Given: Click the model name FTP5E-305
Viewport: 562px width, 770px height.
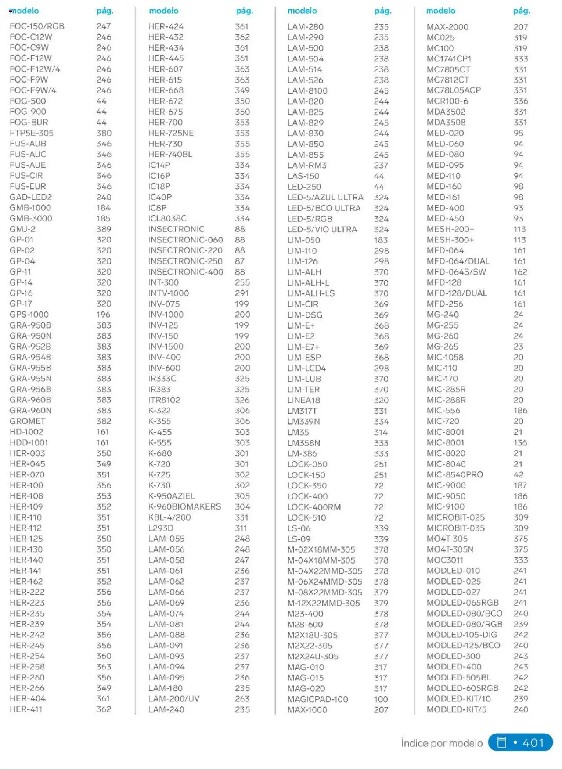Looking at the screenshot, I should click(x=32, y=133).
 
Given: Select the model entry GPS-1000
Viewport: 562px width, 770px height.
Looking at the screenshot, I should click(x=29, y=315).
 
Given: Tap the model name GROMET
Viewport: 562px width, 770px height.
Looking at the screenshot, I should click(x=28, y=421).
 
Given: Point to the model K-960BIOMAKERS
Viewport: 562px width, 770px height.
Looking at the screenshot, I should click(x=184, y=506).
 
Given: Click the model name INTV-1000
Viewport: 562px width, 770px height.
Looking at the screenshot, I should click(x=169, y=293).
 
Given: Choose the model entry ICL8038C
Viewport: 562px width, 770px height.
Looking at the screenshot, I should click(x=167, y=218).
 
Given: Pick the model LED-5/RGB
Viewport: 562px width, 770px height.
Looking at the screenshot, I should click(x=310, y=219).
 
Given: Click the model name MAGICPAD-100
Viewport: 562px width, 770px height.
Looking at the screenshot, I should click(x=317, y=699).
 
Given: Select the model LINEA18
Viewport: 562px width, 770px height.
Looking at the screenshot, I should click(x=303, y=400).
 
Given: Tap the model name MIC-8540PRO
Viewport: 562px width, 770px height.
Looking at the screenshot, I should click(x=454, y=474).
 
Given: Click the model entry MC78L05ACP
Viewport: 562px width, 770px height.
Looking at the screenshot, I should click(x=454, y=90).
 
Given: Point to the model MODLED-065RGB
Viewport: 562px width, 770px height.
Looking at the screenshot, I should click(x=462, y=603).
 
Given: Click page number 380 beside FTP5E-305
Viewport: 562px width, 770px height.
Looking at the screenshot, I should click(x=104, y=133).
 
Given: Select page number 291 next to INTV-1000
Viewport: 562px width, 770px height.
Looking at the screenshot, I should click(x=241, y=293).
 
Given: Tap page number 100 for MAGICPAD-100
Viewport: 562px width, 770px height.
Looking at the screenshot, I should click(x=381, y=699).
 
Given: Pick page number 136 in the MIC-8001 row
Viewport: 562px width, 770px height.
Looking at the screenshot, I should click(x=520, y=443).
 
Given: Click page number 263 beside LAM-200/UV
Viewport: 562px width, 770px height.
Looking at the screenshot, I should click(x=242, y=698).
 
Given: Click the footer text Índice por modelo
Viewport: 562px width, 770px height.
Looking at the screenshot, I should click(x=442, y=743).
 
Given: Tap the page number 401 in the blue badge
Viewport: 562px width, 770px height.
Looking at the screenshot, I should click(x=533, y=743).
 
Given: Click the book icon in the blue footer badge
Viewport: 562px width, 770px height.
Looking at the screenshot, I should click(x=501, y=742).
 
